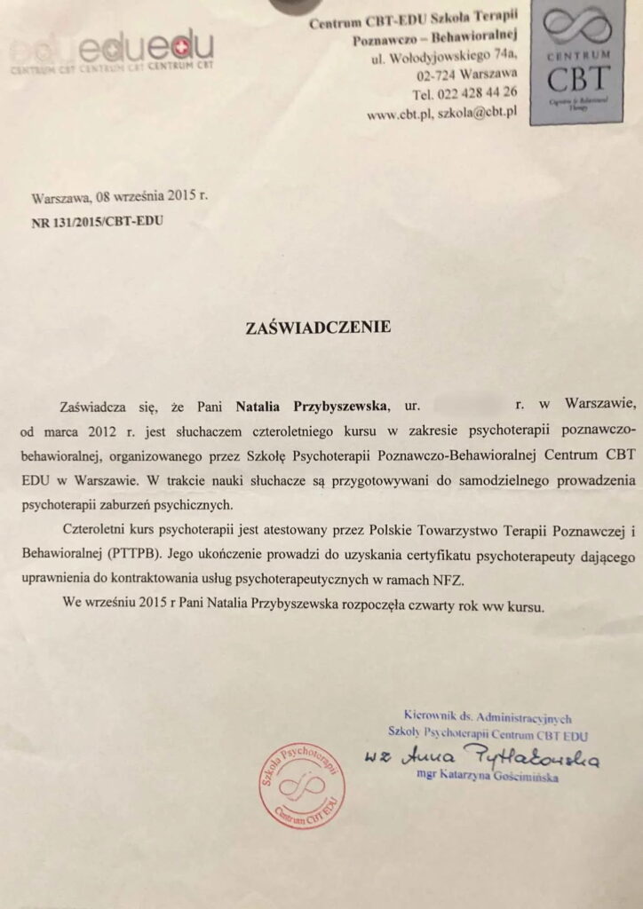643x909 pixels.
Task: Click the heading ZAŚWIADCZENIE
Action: [x=318, y=327]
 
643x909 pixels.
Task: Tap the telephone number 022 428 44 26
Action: [x=484, y=93]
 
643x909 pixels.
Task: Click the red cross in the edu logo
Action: [x=181, y=43]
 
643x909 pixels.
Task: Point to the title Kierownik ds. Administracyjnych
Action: [x=486, y=716]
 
